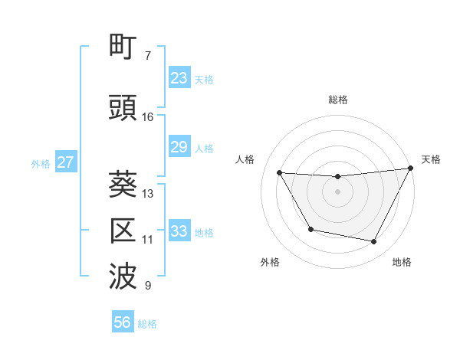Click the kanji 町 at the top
pos(125,49)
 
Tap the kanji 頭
pos(125,108)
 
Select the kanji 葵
pos(125,185)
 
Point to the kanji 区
pos(125,231)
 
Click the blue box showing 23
pos(179,78)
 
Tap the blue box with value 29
pos(179,147)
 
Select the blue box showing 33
pos(179,231)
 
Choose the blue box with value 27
pos(65,162)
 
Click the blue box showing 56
pos(123,322)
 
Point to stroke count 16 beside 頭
pos(148,117)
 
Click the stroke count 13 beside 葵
pos(148,194)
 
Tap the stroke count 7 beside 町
pos(148,56)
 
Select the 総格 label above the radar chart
pos(337,100)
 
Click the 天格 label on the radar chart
pos(431,159)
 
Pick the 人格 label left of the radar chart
pos(245,159)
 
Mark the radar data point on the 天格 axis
pos(410,169)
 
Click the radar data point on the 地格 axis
pos(374,242)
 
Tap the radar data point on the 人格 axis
pos(280,173)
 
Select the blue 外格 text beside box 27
pos(41,163)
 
